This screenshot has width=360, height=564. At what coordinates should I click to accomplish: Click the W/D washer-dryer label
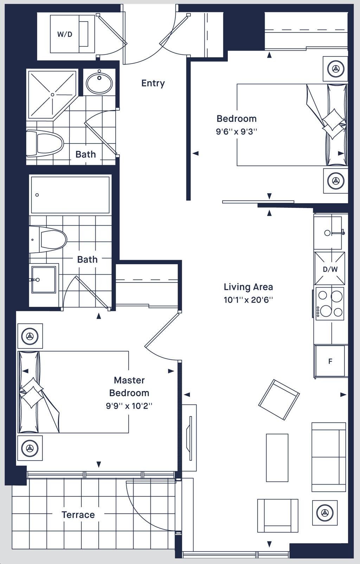65,34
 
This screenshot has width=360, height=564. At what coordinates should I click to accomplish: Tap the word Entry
153,83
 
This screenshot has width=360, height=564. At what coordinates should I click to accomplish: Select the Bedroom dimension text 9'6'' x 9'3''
236,132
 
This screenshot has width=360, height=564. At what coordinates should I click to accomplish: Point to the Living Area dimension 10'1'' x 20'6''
249,300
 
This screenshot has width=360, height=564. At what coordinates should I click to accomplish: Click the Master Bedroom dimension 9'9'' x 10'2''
129,406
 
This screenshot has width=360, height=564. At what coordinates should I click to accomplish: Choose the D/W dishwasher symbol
330,269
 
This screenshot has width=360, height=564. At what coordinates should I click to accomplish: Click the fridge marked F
330,362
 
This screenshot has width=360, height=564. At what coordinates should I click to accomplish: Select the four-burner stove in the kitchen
330,304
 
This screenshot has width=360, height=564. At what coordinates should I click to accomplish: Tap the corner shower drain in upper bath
52,95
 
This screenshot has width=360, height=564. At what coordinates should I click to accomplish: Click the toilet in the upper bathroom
45,143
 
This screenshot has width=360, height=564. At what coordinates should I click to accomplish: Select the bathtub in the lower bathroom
70,195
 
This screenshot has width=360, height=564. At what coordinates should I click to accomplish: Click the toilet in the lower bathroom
48,239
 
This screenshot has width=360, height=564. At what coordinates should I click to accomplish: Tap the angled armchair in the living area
279,400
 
